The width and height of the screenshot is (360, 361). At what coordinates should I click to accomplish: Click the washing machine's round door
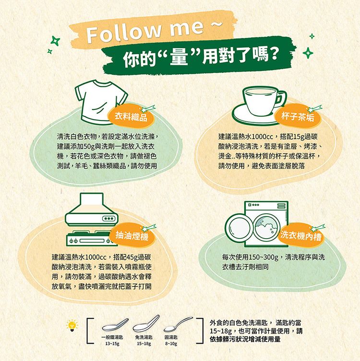coord(239,225)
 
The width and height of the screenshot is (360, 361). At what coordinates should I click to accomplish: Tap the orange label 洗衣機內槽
coord(301,236)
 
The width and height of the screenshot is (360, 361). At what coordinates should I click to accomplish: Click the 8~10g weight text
coord(171,344)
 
